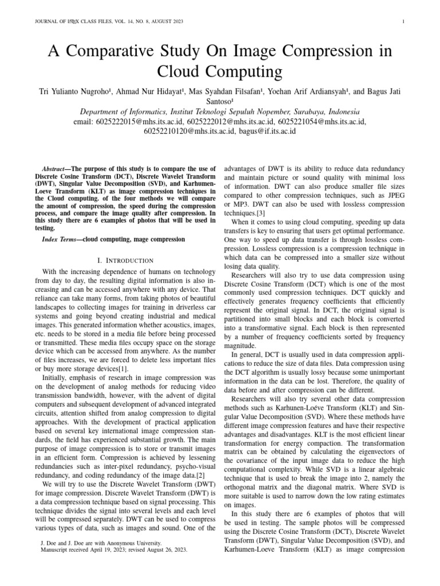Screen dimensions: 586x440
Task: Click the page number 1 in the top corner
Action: coord(404,22)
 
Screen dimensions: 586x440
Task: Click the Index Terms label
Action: coord(61,239)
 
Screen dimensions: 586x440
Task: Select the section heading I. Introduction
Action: coord(125,260)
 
